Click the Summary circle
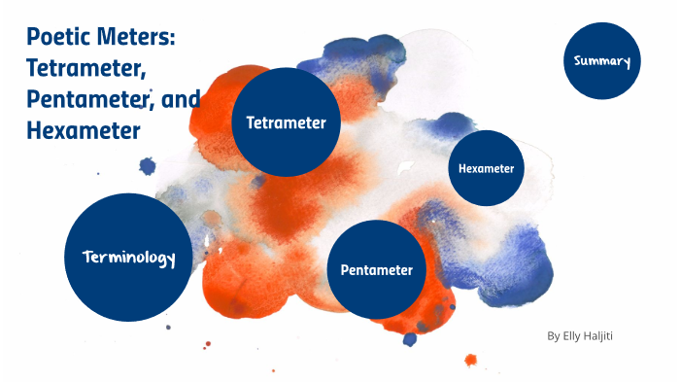point(602,62)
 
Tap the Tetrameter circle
point(286,122)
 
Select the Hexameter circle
point(487,168)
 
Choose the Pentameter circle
point(377,269)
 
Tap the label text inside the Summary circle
point(602,62)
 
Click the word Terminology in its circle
point(128,258)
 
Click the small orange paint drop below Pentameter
point(471,360)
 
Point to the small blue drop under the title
point(148,166)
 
